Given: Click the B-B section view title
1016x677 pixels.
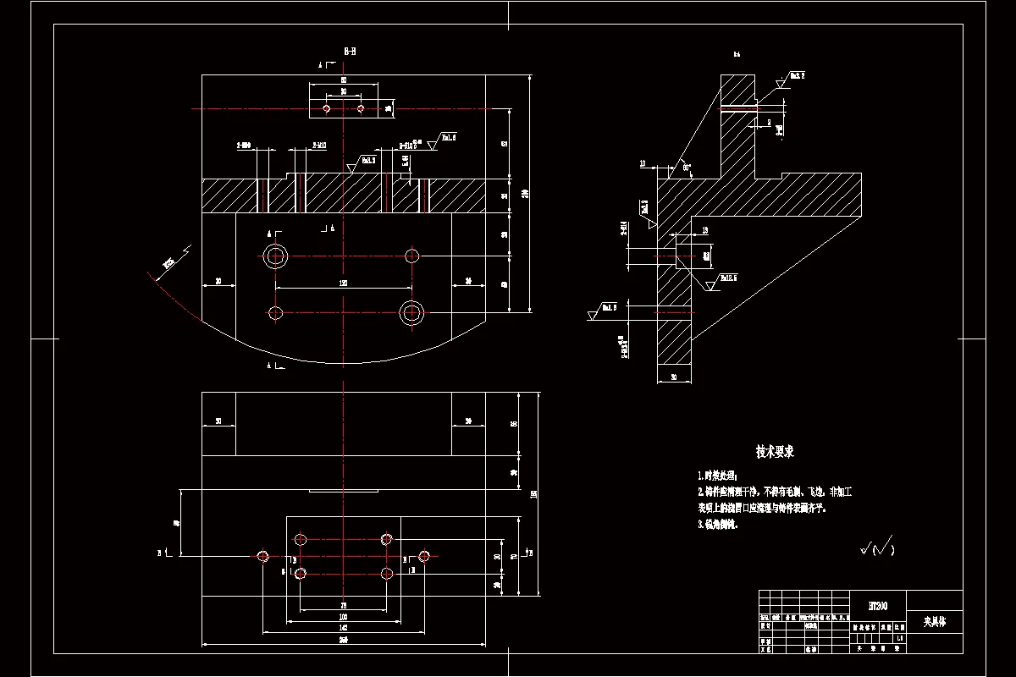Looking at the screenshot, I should [350, 52].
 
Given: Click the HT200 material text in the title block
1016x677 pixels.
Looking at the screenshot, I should [877, 606].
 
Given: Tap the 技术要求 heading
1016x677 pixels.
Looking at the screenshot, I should [775, 453].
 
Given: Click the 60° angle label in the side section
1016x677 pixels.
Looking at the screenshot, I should [687, 168].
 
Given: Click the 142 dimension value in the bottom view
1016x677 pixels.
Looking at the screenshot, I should [343, 628].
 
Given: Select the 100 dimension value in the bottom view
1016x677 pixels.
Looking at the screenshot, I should [343, 617].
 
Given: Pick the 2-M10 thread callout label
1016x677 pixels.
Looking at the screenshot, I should [320, 146].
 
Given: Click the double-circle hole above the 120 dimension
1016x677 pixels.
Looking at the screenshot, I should [275, 256].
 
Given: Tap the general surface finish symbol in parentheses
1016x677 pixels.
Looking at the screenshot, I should [877, 549].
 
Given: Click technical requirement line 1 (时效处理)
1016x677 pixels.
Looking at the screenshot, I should [718, 476].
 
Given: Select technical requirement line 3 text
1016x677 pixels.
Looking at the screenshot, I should [718, 525].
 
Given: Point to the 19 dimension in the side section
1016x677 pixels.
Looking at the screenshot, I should [704, 229].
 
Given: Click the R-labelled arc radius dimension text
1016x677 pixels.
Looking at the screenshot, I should [168, 263].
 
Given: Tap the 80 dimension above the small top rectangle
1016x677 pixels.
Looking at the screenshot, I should [343, 80].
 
